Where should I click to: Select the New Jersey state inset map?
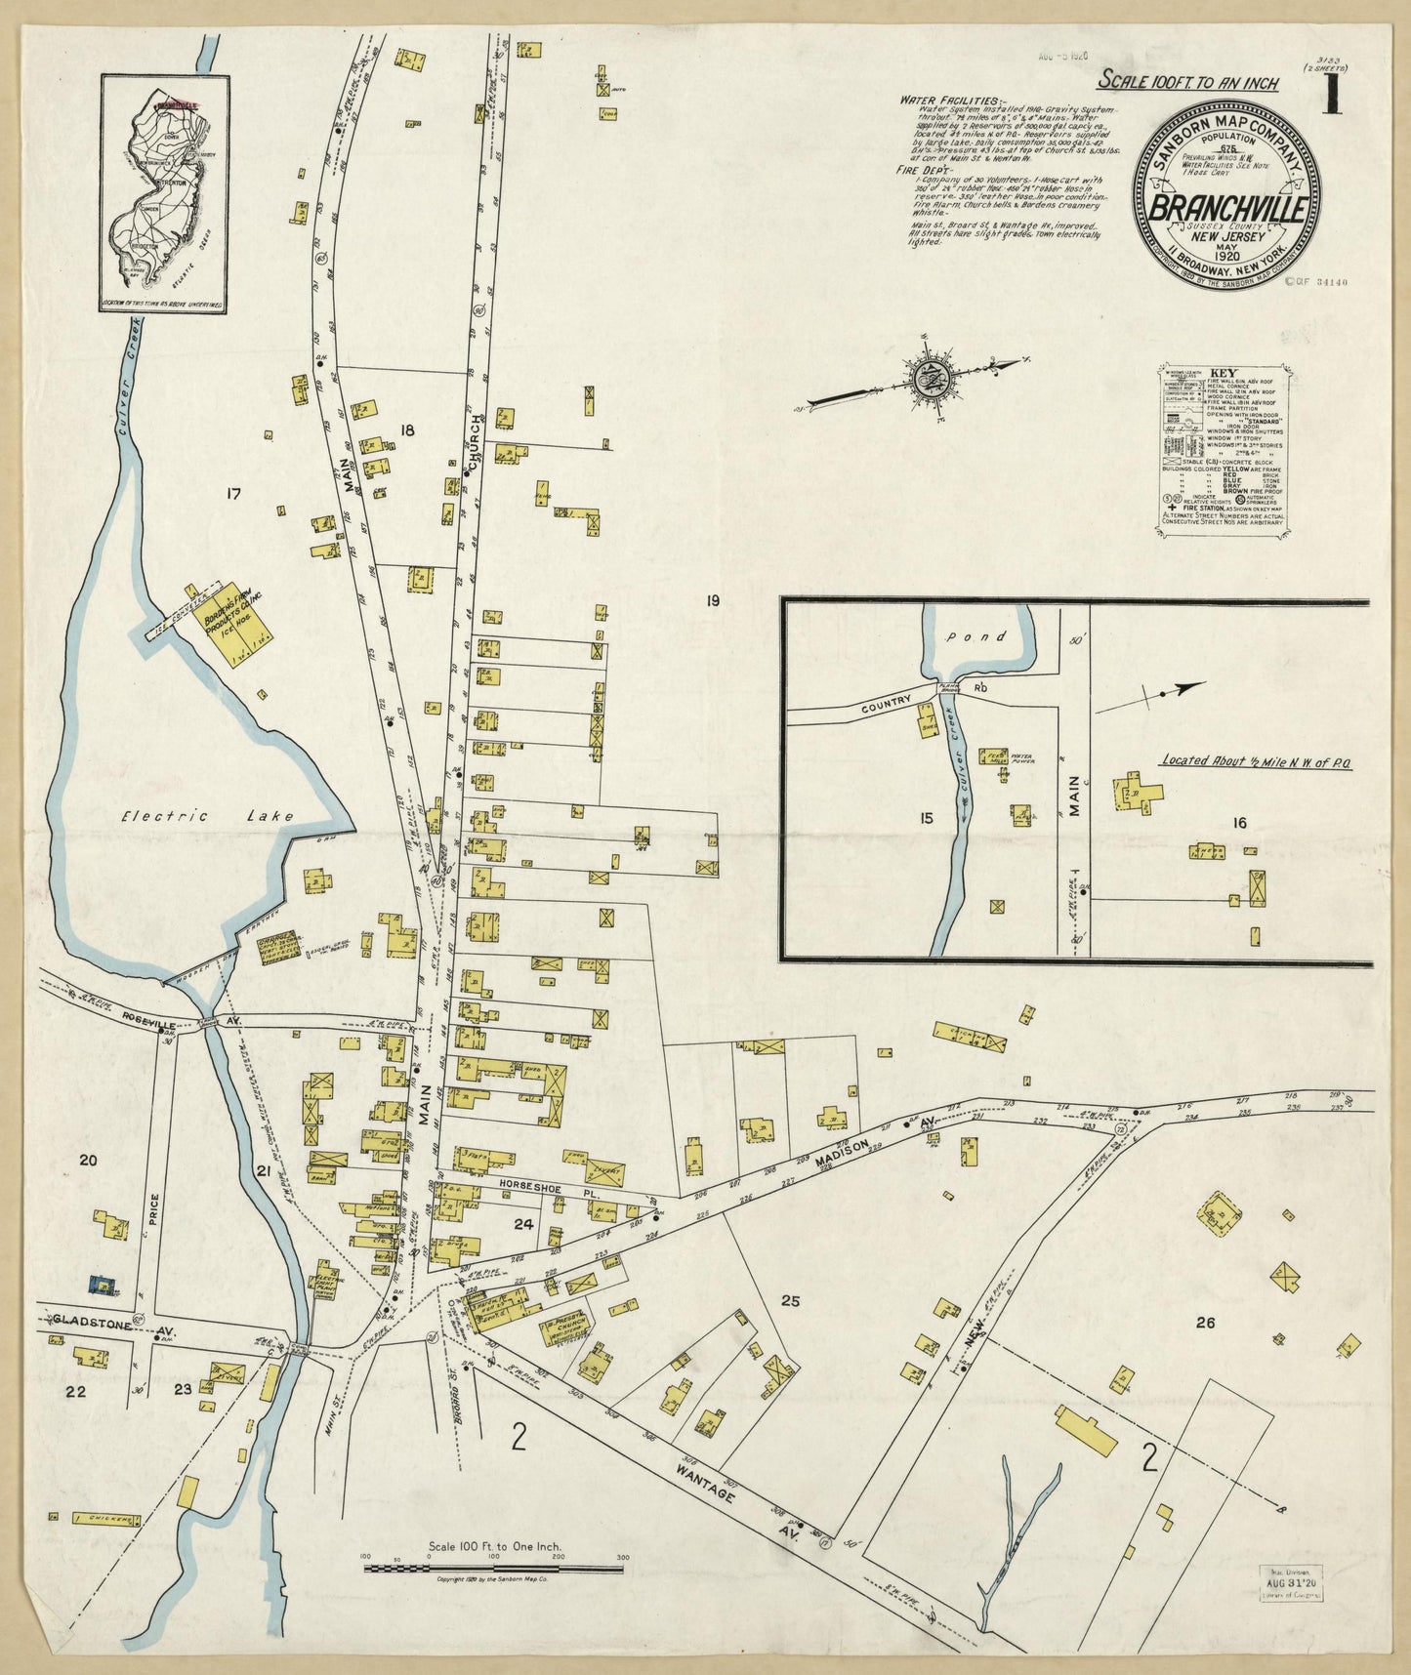tap(164, 193)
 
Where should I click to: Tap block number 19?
tap(712, 600)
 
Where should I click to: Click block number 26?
tap(1205, 1323)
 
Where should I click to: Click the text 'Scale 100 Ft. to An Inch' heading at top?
tap(1188, 83)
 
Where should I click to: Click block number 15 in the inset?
tap(927, 818)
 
